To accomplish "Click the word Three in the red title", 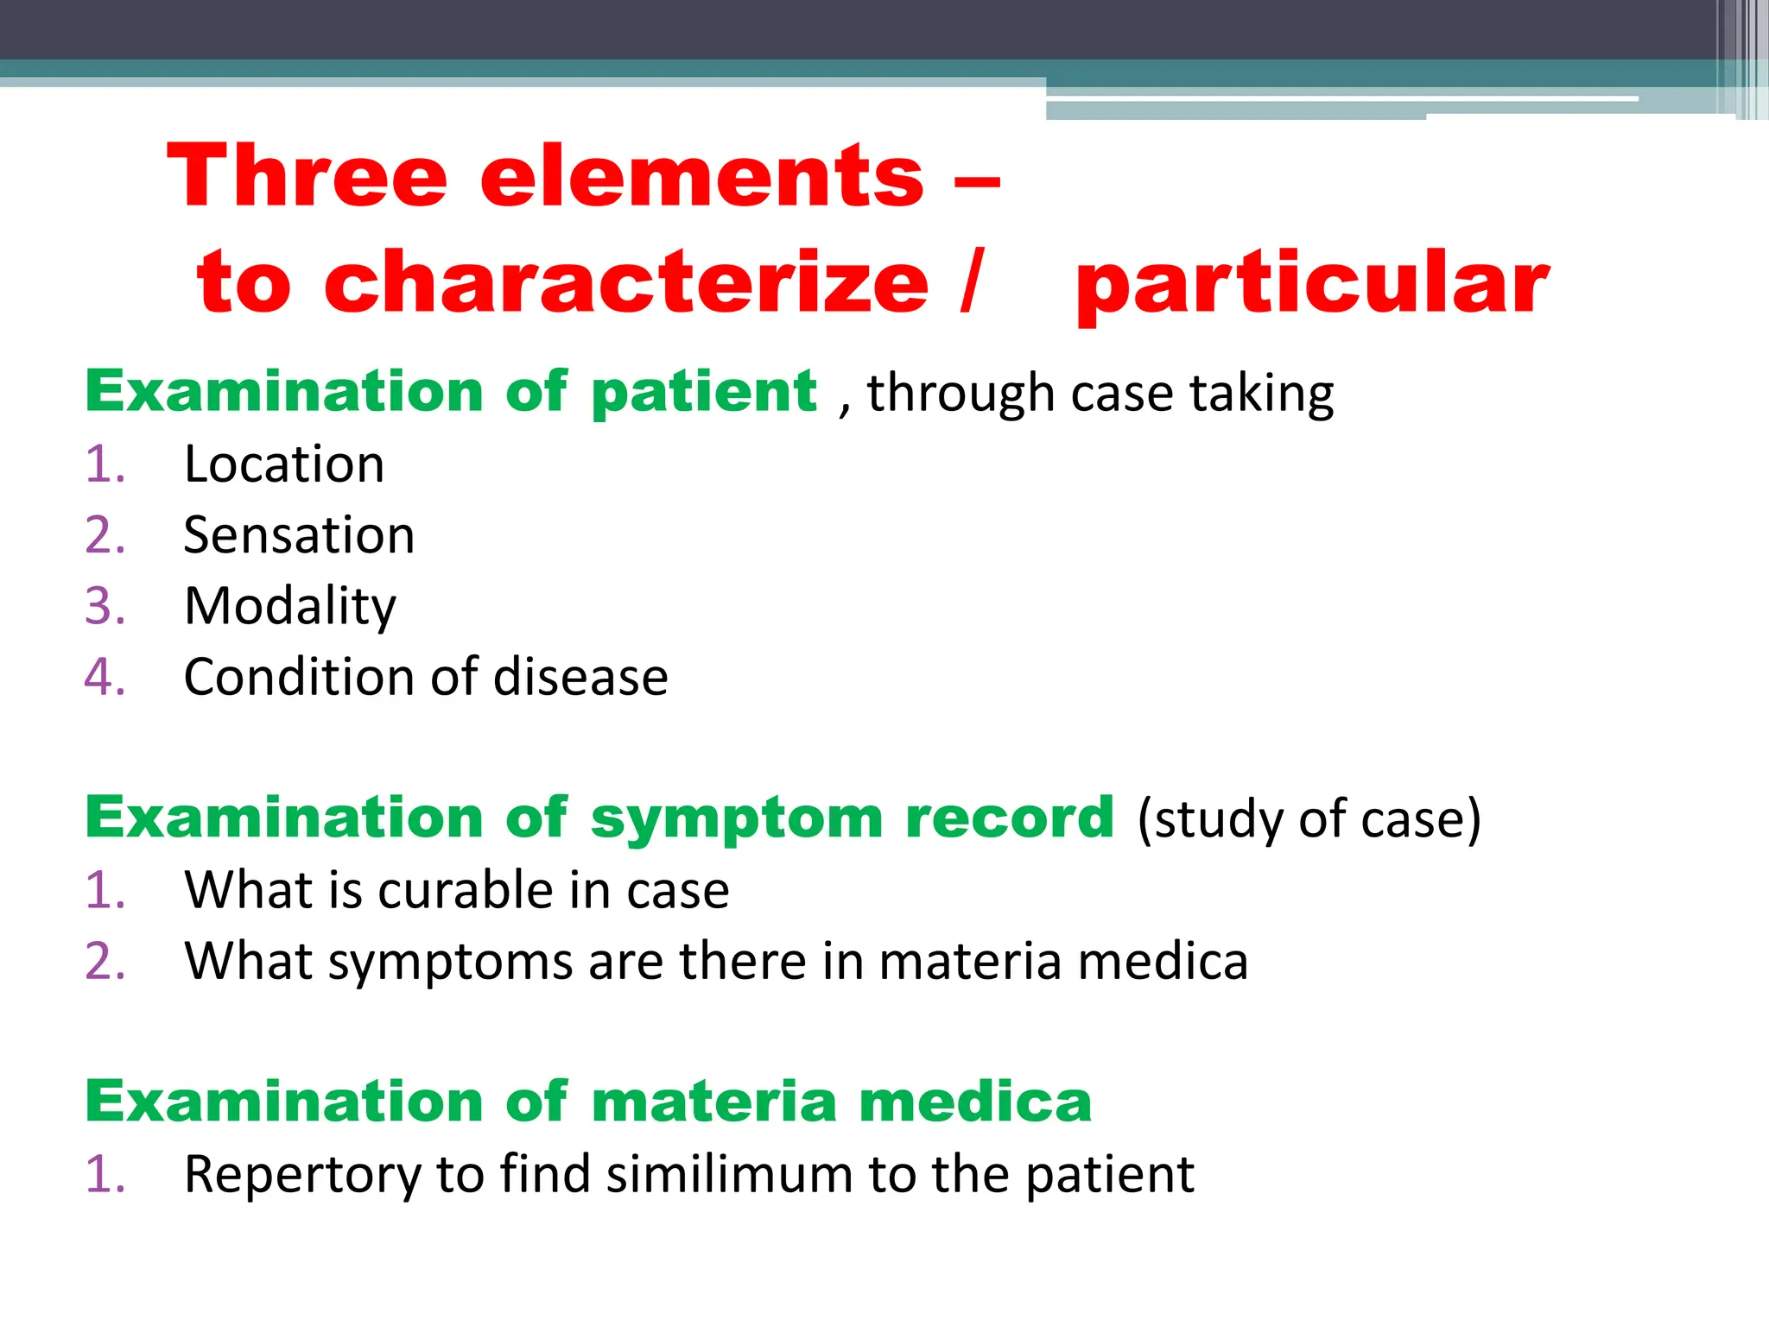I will click(x=307, y=176).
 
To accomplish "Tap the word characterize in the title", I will click(x=626, y=283).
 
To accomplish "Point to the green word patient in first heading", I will click(x=704, y=394).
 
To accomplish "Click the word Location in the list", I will click(x=284, y=464).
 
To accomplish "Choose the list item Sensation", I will click(x=299, y=535).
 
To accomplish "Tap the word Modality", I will click(x=290, y=607).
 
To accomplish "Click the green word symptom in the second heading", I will click(x=737, y=818).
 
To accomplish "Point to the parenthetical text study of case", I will click(x=1309, y=818).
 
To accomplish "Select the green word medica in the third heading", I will click(x=975, y=1102).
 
